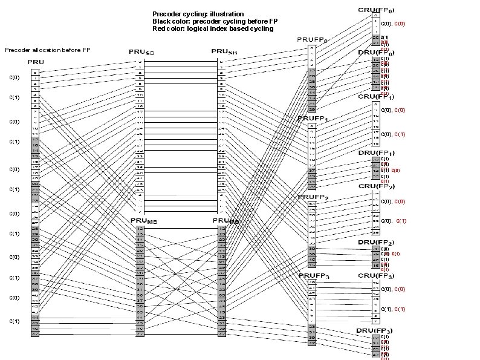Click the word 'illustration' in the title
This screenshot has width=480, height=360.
(224, 13)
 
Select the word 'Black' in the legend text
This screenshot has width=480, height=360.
(162, 21)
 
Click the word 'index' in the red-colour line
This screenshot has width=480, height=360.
(227, 28)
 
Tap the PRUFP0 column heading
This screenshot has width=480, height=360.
(311, 41)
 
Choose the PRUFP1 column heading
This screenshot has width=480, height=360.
(313, 119)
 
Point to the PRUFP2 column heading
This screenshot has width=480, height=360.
(313, 197)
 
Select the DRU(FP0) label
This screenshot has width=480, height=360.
(376, 53)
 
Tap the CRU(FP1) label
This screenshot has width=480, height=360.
(376, 96)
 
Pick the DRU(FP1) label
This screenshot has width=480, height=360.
(376, 152)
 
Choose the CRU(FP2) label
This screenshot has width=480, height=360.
(376, 186)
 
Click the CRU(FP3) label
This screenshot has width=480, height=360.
(376, 276)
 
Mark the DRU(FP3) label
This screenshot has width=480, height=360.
(375, 331)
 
